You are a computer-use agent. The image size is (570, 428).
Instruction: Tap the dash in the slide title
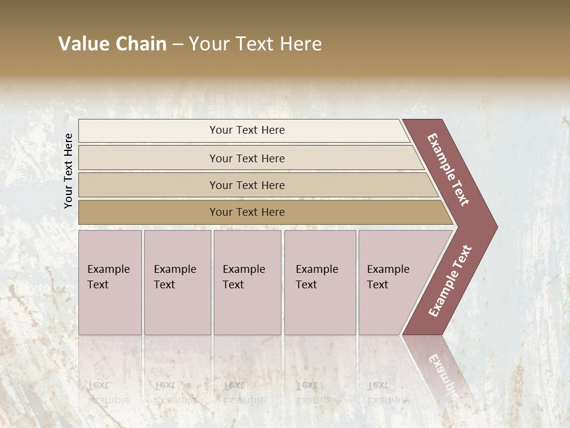pyautogui.click(x=178, y=45)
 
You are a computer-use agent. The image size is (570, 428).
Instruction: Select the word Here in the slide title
pyautogui.click(x=300, y=44)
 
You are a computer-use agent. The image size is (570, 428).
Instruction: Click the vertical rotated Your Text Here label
pyautogui.click(x=69, y=171)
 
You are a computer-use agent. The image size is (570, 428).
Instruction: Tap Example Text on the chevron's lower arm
pyautogui.click(x=450, y=281)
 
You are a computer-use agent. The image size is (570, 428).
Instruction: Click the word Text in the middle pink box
pyautogui.click(x=233, y=285)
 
